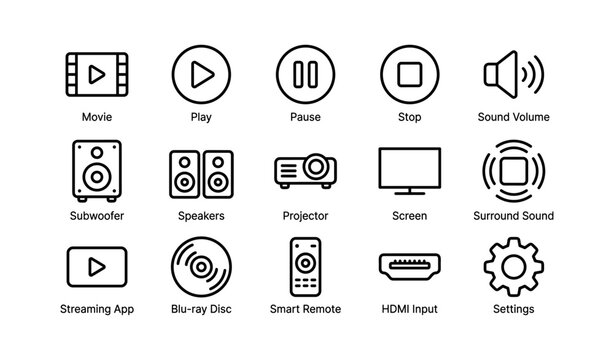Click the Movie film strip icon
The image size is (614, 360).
point(97,74)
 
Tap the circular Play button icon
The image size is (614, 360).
point(201,74)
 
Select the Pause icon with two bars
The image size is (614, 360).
point(306,74)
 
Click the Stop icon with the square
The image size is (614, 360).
point(410,74)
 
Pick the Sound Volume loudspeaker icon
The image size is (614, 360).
point(513,74)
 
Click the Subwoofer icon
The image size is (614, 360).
point(97,168)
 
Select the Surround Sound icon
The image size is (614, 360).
point(513,168)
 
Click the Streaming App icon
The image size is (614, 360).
point(97,266)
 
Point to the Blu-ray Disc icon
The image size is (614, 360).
point(201,266)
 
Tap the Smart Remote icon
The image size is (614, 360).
point(306,266)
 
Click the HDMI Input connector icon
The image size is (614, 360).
point(410,266)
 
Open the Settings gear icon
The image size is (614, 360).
point(513,266)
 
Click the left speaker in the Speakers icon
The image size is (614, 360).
point(185,170)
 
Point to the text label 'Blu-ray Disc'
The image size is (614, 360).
point(201,310)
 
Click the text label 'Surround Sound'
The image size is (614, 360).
point(513,216)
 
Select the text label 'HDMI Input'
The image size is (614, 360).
point(410,310)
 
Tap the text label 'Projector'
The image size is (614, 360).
point(306,216)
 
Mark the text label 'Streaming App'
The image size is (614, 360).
point(97,310)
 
